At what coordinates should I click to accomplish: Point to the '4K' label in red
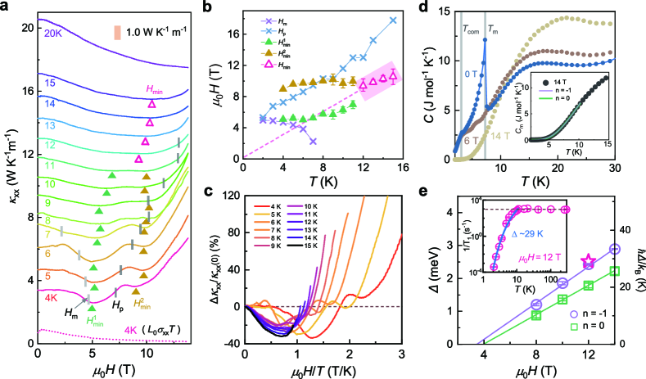pos(52,299)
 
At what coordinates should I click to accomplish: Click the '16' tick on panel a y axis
pos(26,90)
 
